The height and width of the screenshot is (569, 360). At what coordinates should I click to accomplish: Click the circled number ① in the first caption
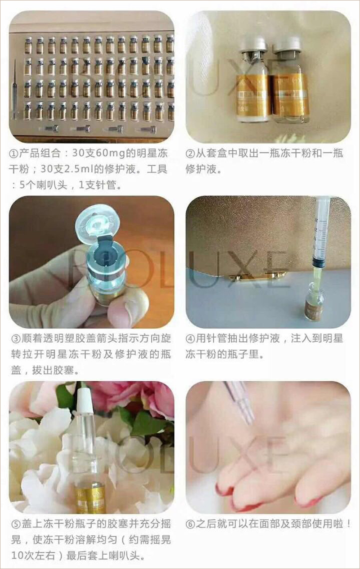[13, 154]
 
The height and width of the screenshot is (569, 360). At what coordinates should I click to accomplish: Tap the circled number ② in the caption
[190, 154]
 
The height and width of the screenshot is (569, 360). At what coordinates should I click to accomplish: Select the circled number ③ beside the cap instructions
[16, 339]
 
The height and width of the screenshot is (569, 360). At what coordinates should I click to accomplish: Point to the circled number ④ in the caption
[190, 339]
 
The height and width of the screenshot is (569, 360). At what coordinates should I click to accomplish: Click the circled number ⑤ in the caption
[16, 524]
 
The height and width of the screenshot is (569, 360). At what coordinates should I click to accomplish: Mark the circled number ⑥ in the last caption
[190, 524]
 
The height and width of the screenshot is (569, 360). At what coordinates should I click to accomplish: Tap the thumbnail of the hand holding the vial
[92, 262]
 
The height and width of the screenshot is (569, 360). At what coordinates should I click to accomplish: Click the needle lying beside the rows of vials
[15, 89]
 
